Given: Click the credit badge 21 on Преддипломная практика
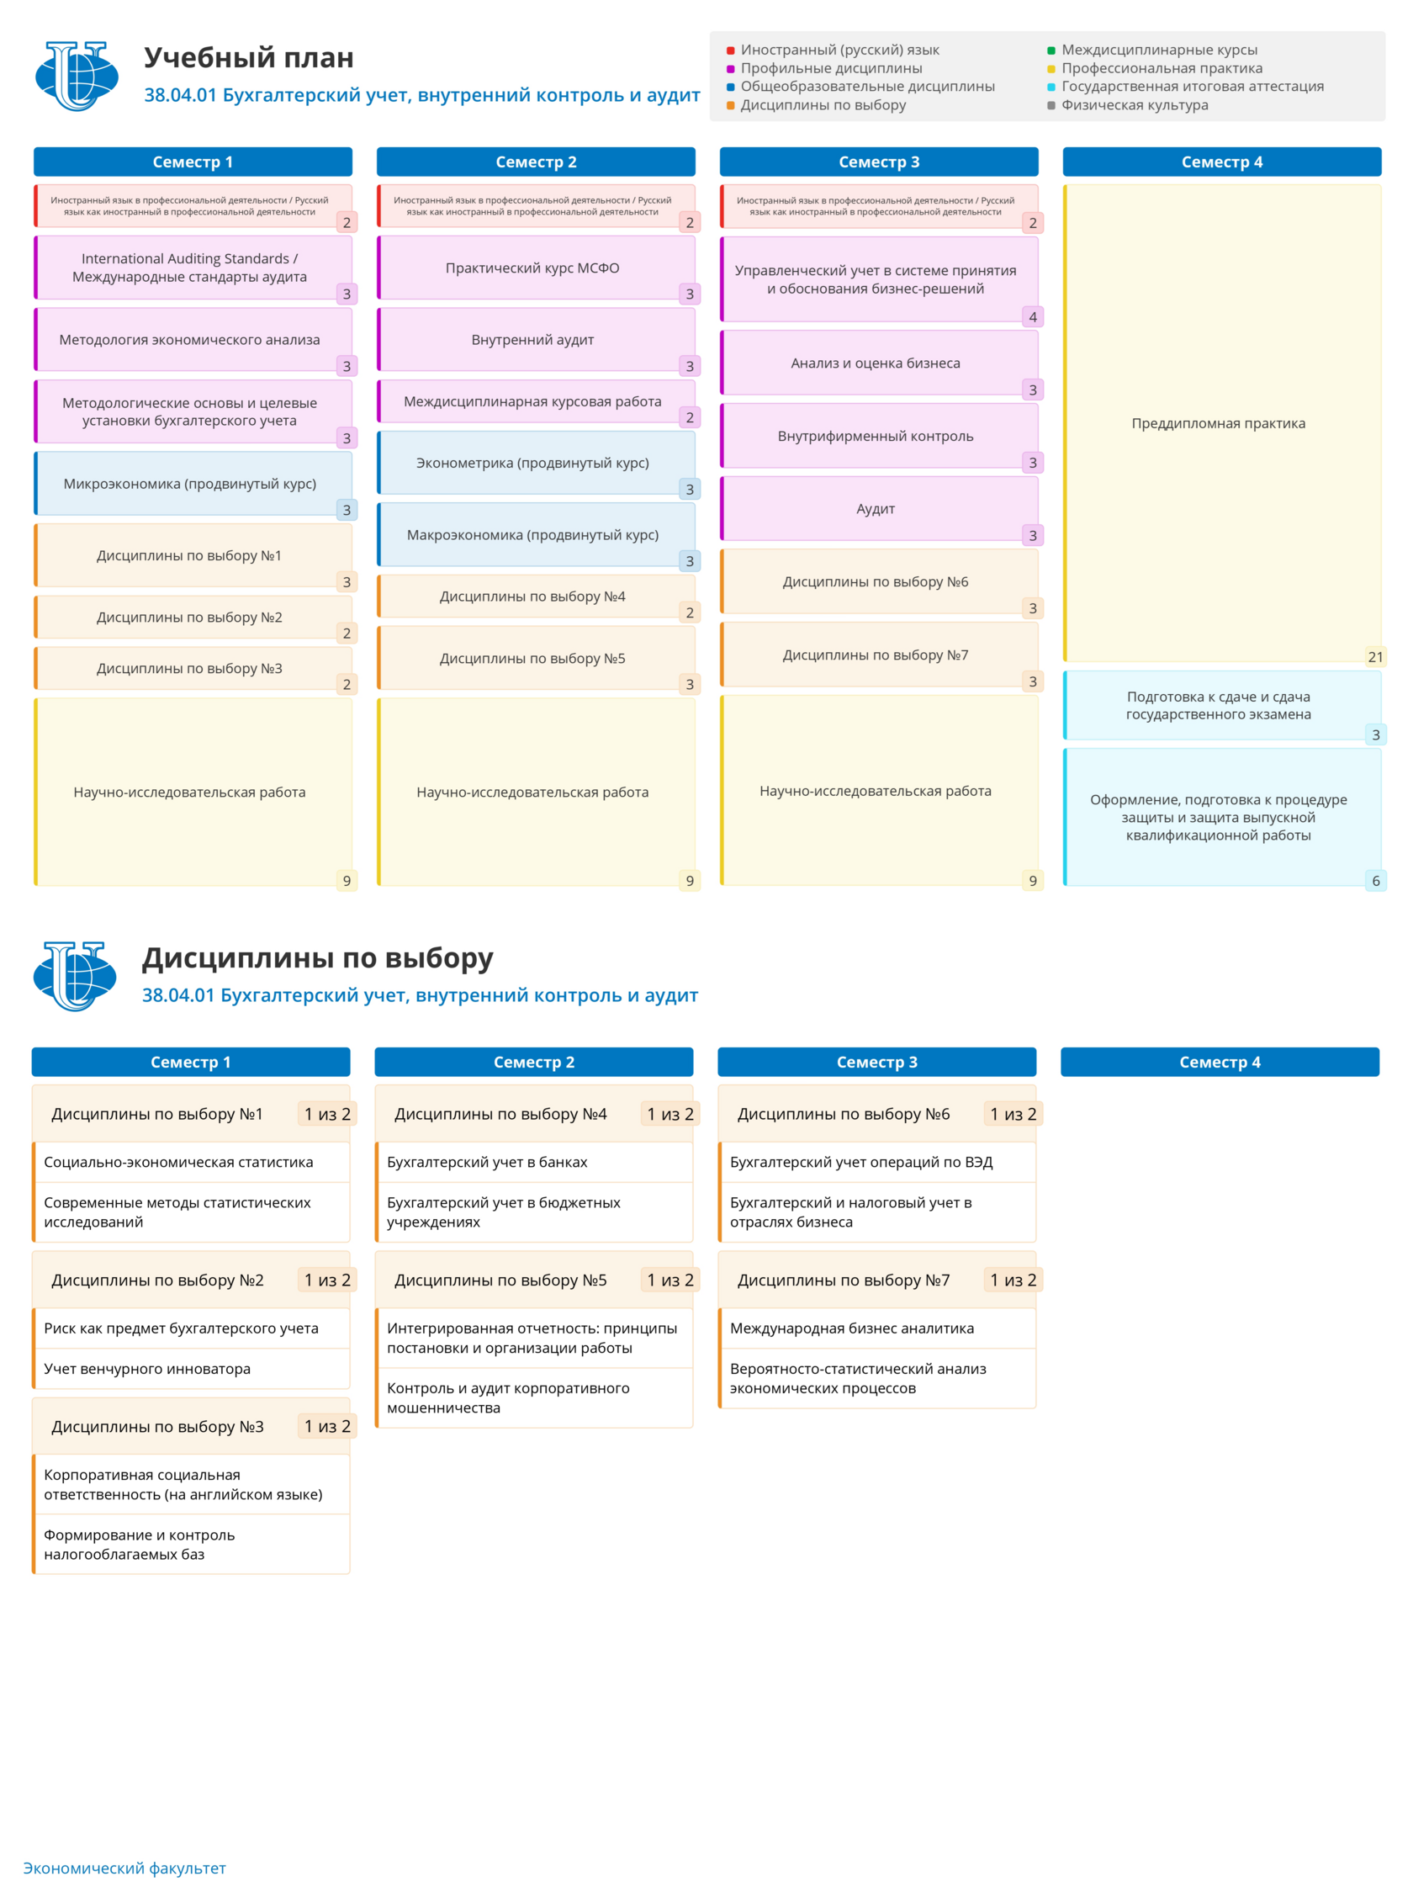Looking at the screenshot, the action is pos(1374,657).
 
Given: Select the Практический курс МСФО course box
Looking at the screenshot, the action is pos(536,268).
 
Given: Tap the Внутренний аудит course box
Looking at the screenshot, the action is pos(536,340).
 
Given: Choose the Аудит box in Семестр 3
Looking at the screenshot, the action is pos(878,509).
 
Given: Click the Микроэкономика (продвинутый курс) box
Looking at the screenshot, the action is pos(193,483).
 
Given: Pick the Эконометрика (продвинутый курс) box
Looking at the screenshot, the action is pos(536,463).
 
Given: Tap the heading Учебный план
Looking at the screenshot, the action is pos(248,57).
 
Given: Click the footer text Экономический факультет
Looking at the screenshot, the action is pos(124,1868).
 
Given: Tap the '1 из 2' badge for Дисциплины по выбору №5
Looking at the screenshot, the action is pos(669,1280).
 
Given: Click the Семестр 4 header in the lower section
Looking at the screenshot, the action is pos(1220,1062).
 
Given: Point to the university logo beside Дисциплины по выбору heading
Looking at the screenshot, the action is pos(75,976).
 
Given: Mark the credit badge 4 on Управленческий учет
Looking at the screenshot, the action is pos(1032,317).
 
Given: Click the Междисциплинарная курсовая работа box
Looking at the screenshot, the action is pos(536,401).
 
